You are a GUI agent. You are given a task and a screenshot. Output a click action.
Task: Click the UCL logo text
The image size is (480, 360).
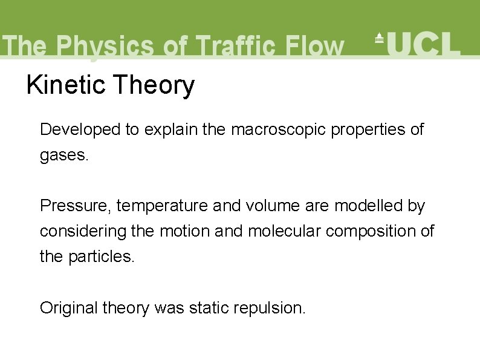pyautogui.click(x=423, y=44)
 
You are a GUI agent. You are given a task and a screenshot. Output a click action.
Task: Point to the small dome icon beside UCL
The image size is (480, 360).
pyautogui.click(x=380, y=38)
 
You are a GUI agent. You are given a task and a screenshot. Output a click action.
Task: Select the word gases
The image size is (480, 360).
pyautogui.click(x=64, y=155)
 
